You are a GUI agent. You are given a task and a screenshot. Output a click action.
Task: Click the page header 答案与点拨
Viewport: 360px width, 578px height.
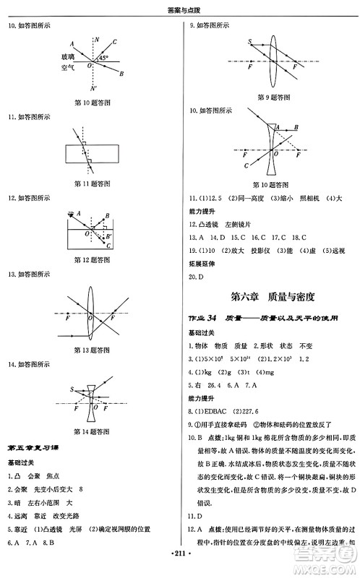click(180, 9)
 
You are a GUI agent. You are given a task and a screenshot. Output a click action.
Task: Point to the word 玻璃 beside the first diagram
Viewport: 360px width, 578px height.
click(68, 56)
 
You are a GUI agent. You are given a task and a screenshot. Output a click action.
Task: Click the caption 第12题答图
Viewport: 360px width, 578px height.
click(93, 260)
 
